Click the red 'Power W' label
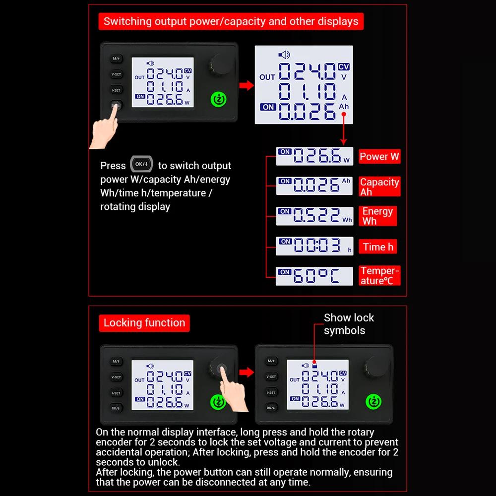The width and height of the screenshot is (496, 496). pyautogui.click(x=379, y=156)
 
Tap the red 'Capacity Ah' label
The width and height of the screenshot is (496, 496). pyautogui.click(x=379, y=186)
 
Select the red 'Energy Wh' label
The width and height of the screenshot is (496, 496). pyautogui.click(x=377, y=216)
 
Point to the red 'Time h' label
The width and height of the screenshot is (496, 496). pyautogui.click(x=377, y=247)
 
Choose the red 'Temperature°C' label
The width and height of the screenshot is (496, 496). pyautogui.click(x=379, y=275)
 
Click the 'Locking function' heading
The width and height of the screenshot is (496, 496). pyautogui.click(x=144, y=323)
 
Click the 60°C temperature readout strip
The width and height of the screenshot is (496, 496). pyautogui.click(x=314, y=276)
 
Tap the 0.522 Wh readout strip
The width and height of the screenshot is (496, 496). pyautogui.click(x=314, y=216)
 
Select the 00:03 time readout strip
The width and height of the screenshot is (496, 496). pyautogui.click(x=314, y=246)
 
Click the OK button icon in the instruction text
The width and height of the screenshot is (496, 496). pyautogui.click(x=141, y=164)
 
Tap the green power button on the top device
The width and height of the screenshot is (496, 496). pyautogui.click(x=219, y=99)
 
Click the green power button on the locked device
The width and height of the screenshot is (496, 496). pyautogui.click(x=373, y=402)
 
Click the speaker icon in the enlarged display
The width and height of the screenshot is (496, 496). pyautogui.click(x=284, y=55)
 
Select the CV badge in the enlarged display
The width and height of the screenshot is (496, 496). pyautogui.click(x=344, y=67)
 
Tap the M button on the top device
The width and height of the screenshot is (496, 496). pyautogui.click(x=116, y=59)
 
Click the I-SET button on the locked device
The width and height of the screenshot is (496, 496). pyautogui.click(x=271, y=392)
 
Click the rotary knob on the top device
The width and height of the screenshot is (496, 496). pyautogui.click(x=220, y=63)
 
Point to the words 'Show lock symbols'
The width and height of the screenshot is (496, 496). pyautogui.click(x=349, y=324)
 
